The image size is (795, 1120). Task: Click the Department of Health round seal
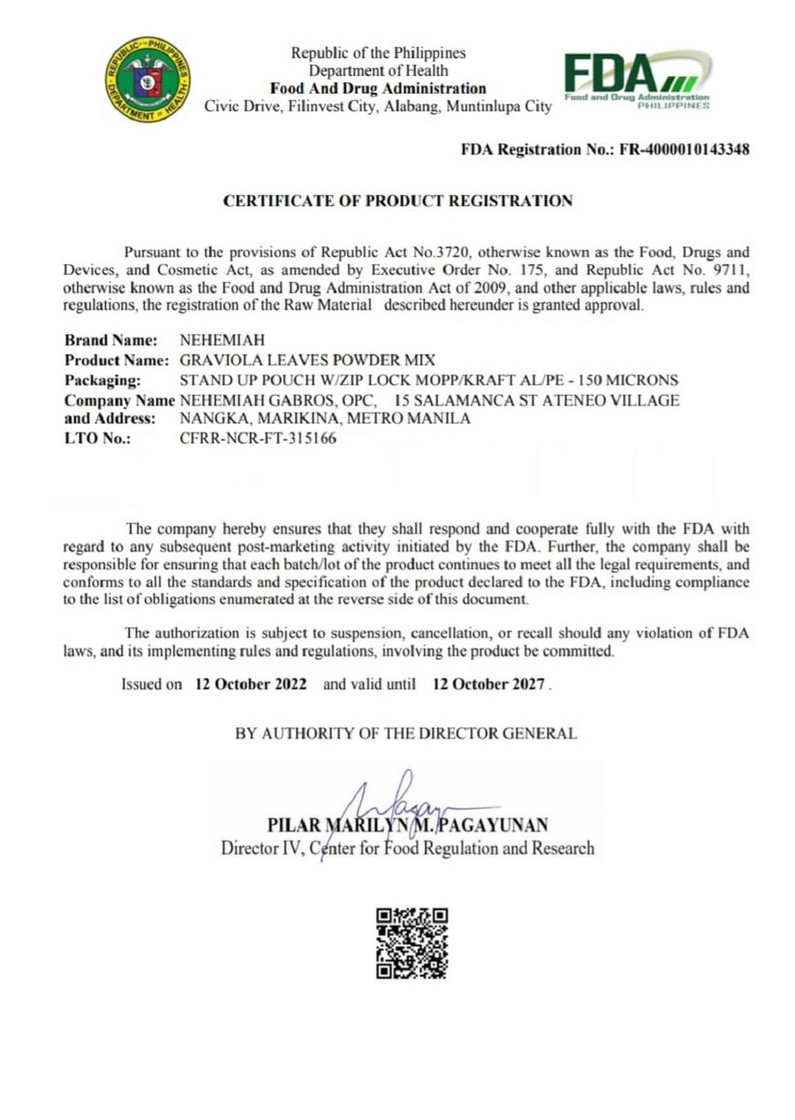pyautogui.click(x=148, y=79)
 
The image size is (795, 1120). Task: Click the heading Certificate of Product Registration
pyautogui.click(x=397, y=201)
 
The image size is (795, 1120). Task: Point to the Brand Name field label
pyautogui.click(x=111, y=340)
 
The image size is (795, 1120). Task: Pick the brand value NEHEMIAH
pyautogui.click(x=222, y=340)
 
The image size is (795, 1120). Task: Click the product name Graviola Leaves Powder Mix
pyautogui.click(x=307, y=360)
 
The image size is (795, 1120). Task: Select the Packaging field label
pyautogui.click(x=102, y=381)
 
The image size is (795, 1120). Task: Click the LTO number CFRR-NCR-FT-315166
pyautogui.click(x=257, y=438)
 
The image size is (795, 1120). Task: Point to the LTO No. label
pyautogui.click(x=97, y=438)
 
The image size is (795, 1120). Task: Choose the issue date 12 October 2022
pyautogui.click(x=251, y=685)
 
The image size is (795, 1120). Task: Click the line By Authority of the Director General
pyautogui.click(x=406, y=733)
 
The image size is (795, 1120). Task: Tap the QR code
pyautogui.click(x=413, y=943)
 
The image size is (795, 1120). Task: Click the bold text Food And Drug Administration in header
pyautogui.click(x=378, y=88)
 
